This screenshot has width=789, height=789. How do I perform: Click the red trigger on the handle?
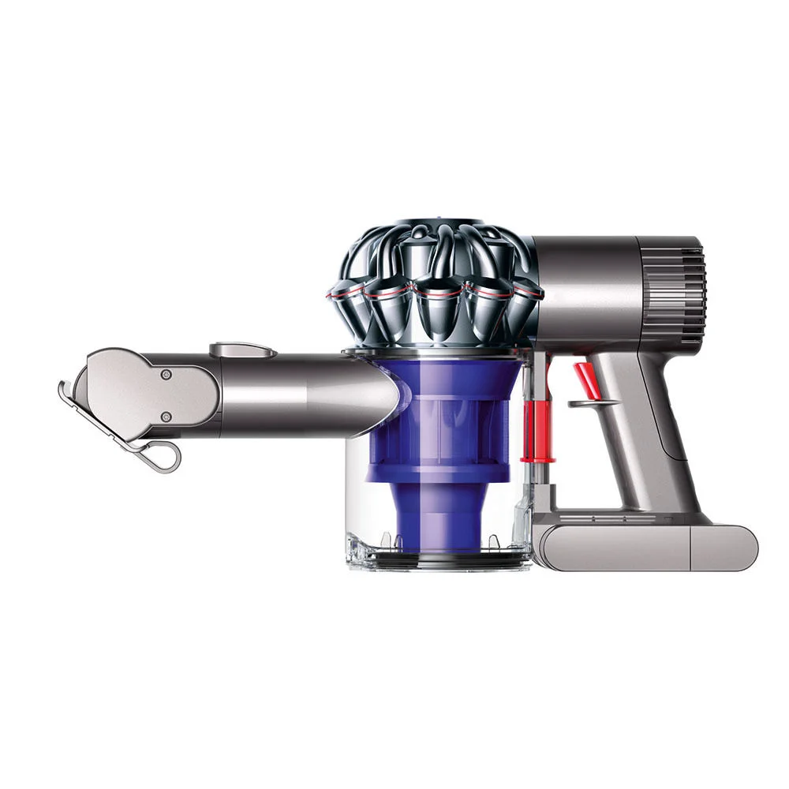583,379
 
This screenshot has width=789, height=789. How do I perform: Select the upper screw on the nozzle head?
166,376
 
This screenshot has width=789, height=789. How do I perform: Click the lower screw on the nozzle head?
166,417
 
